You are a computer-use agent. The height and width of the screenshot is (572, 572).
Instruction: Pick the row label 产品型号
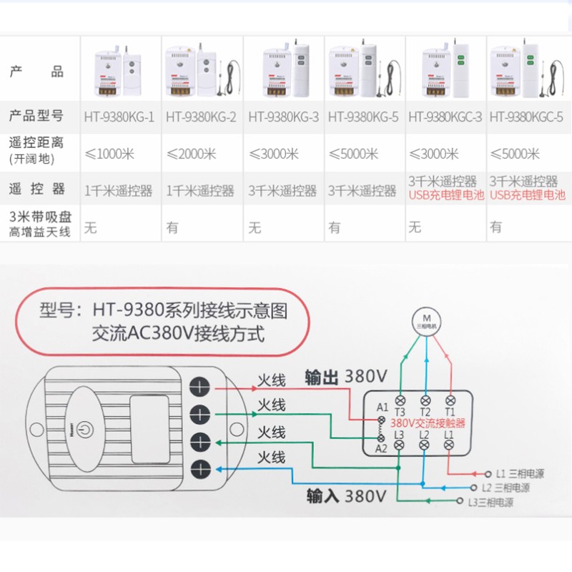(36, 115)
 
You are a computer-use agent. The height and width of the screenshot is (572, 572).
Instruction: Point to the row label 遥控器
(36, 189)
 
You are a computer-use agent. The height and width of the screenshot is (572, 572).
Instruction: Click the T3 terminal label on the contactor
(400, 411)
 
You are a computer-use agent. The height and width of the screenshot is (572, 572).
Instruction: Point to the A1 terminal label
(383, 408)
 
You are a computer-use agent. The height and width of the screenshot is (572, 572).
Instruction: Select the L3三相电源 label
(491, 502)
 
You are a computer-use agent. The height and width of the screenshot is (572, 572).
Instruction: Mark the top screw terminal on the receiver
(200, 385)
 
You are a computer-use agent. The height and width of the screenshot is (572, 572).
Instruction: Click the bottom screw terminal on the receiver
(200, 469)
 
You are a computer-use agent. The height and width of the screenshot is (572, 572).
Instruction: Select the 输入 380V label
(345, 495)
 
